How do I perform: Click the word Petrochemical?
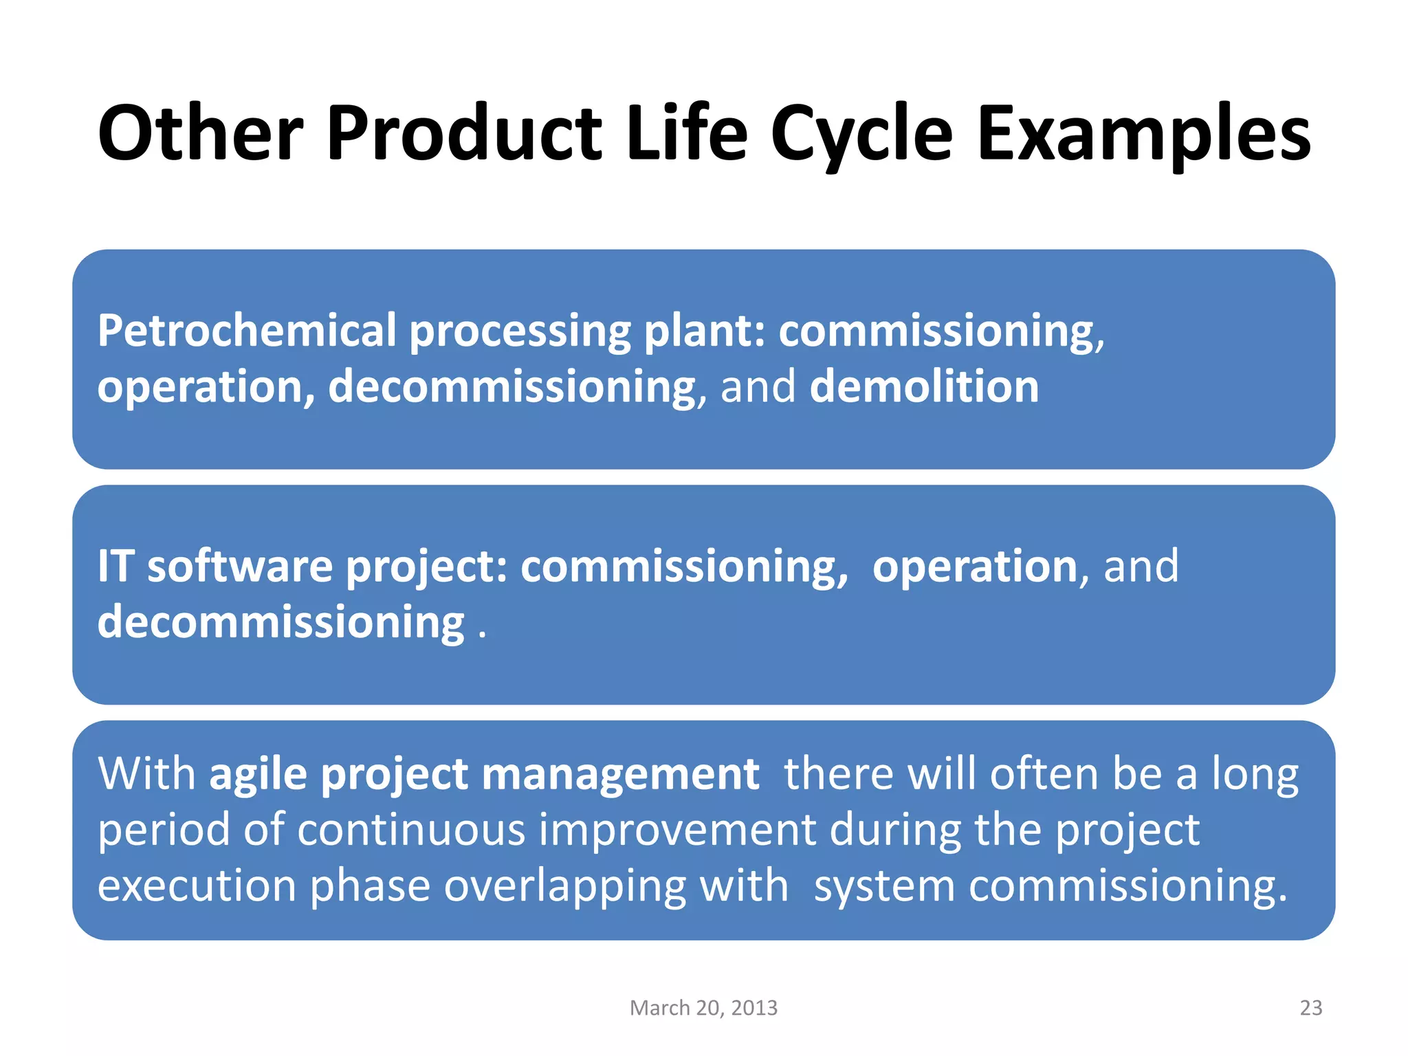click(x=247, y=331)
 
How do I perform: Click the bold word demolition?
click(x=924, y=386)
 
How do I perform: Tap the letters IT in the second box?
click(x=114, y=566)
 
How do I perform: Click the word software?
click(x=240, y=566)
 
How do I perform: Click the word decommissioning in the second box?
click(x=281, y=623)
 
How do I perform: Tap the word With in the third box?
click(x=146, y=774)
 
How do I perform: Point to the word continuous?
click(x=412, y=830)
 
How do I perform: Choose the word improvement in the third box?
click(x=677, y=830)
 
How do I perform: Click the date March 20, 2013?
click(x=703, y=1008)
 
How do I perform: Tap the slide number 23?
click(x=1310, y=1008)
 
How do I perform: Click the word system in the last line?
click(x=884, y=886)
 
